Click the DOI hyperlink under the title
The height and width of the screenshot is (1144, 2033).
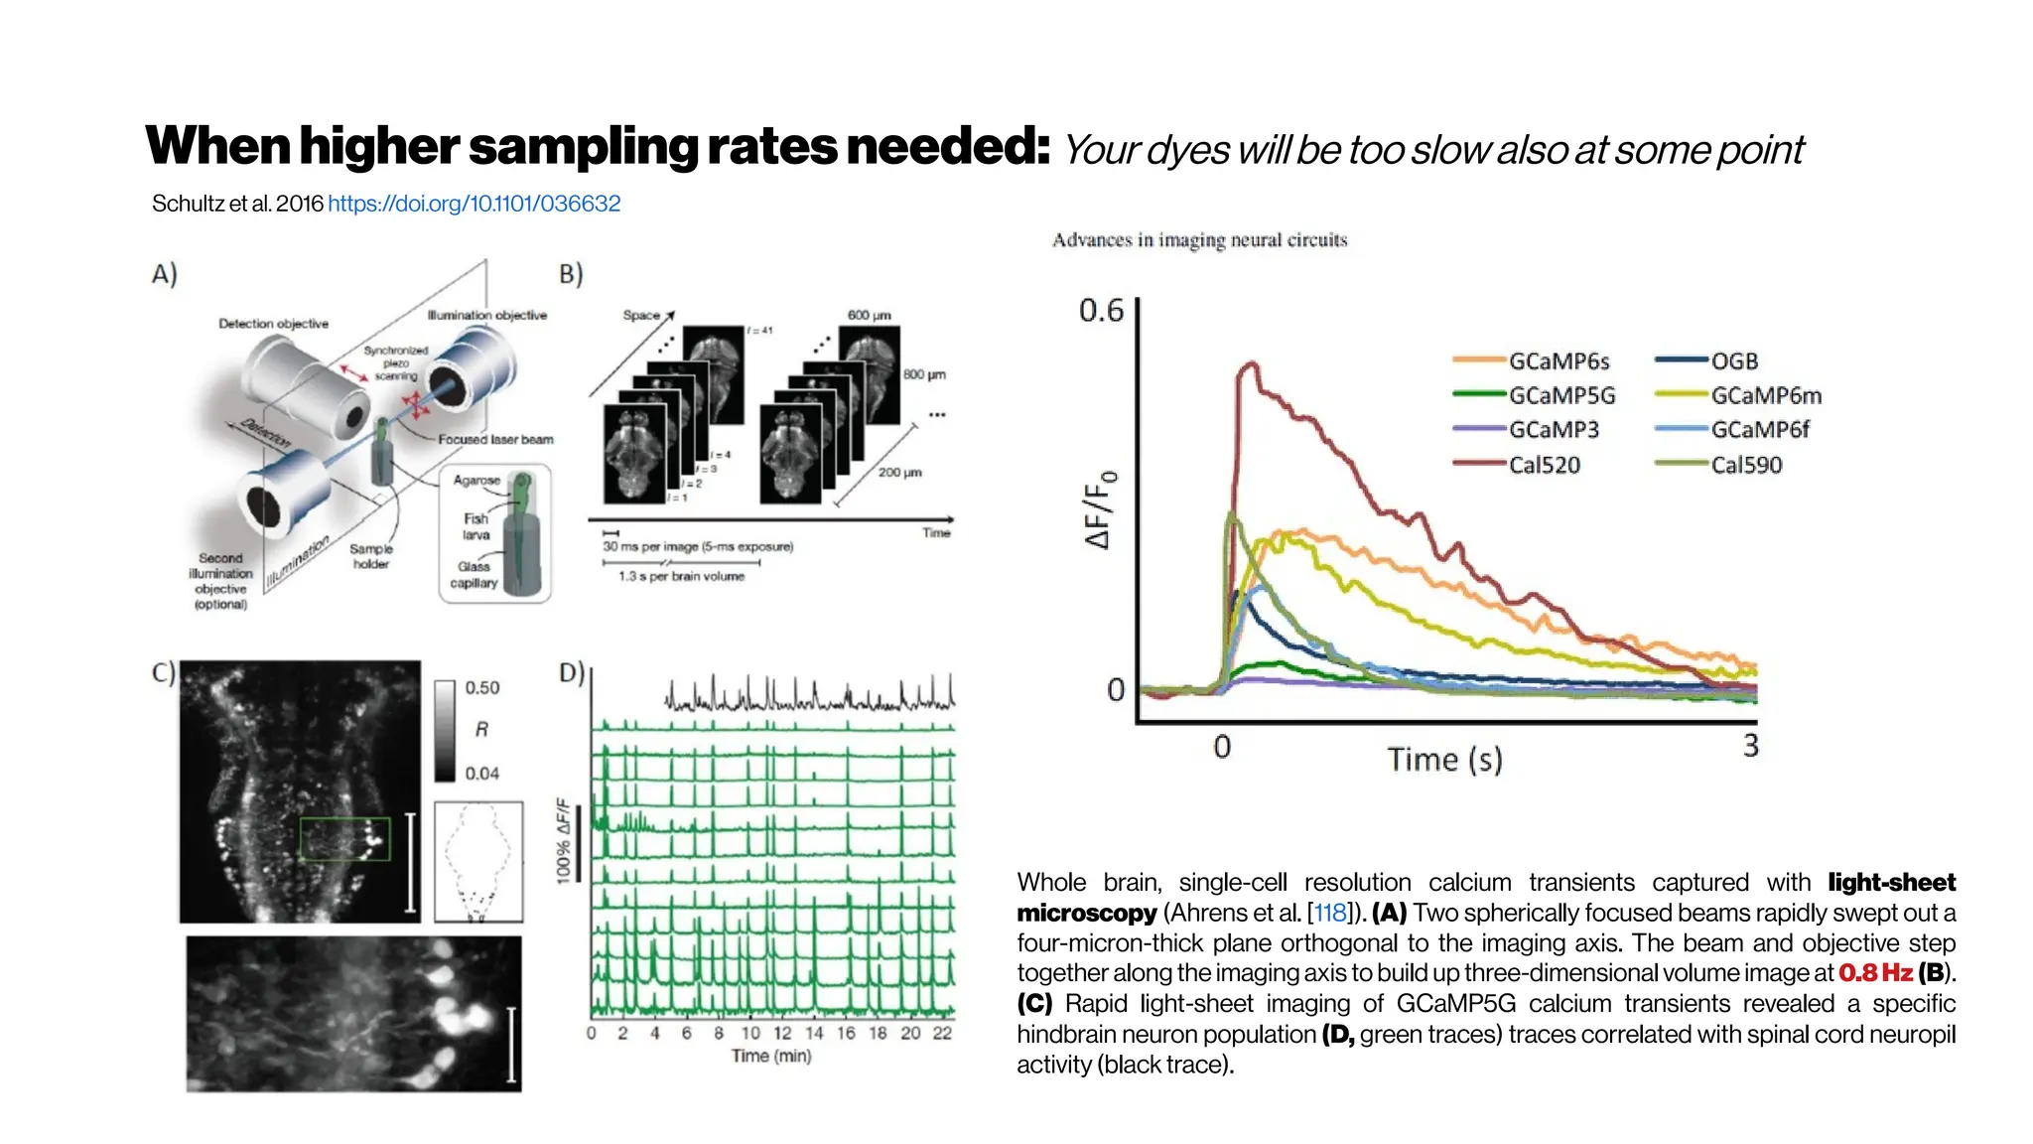point(474,204)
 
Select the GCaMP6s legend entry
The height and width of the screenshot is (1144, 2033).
point(1559,361)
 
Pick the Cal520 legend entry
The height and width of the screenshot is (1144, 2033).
point(1544,465)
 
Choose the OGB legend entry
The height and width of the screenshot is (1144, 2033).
point(1734,361)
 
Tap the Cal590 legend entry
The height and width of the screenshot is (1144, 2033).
point(1746,465)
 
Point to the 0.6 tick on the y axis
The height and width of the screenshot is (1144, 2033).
point(1101,311)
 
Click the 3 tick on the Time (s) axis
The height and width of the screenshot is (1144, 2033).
point(1750,745)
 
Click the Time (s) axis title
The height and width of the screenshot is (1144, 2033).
point(1444,760)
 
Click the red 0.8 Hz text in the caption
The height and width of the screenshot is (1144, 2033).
point(1875,973)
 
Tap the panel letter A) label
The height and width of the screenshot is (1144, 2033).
point(165,274)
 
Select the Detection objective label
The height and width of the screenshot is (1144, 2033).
point(273,324)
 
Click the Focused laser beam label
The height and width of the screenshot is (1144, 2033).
point(495,439)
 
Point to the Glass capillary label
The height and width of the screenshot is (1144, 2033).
point(474,575)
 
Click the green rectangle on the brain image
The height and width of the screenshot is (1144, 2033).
point(344,839)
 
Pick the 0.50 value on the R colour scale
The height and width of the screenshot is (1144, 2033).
point(482,687)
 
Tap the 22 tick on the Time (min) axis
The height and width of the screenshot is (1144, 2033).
point(941,1033)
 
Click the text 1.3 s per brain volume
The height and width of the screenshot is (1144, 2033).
point(681,576)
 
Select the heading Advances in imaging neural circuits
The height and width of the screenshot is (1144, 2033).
point(1199,240)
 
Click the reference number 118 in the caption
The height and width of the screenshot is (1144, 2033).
point(1330,913)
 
